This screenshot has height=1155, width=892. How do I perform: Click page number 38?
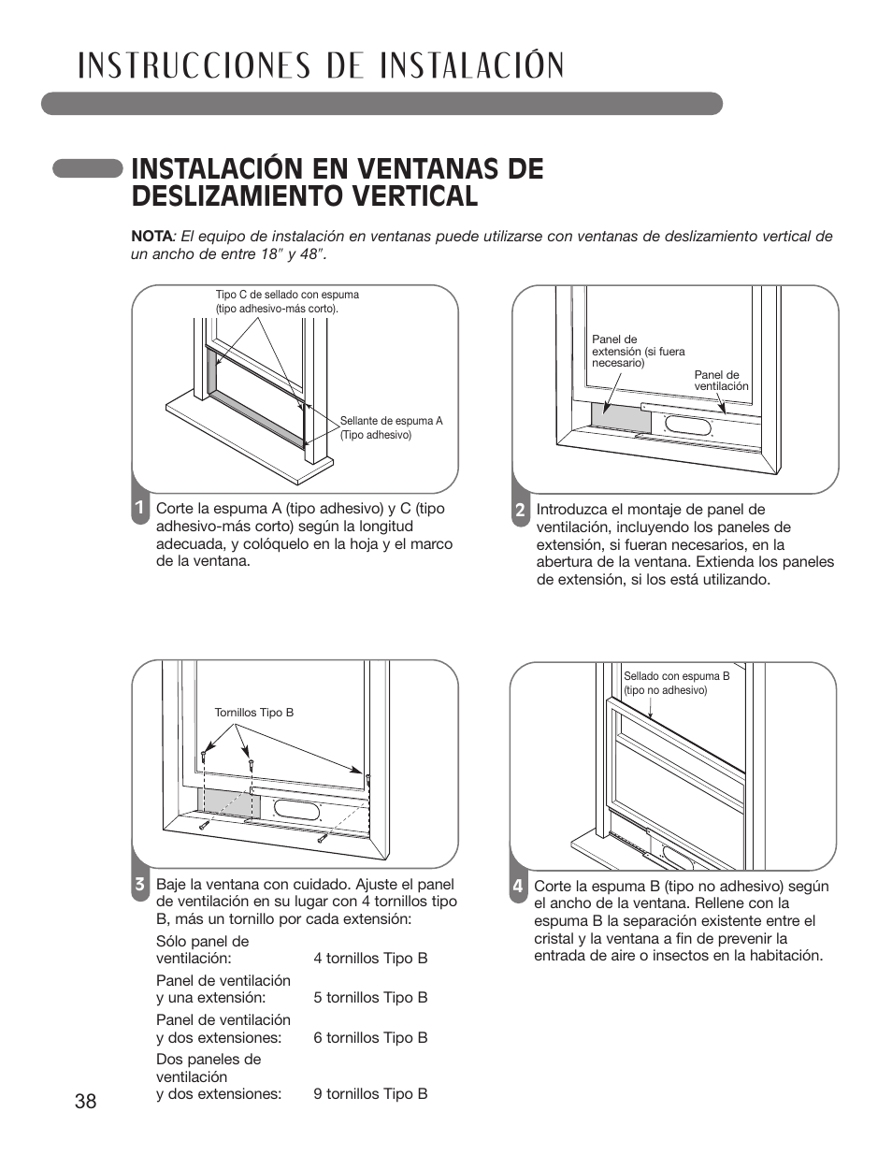click(x=85, y=1102)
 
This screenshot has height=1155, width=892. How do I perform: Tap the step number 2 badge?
click(x=519, y=511)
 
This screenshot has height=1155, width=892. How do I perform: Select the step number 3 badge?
click(x=138, y=885)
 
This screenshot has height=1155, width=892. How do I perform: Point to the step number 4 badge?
click(x=517, y=886)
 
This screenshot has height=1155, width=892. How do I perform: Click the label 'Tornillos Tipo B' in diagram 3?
click(x=253, y=713)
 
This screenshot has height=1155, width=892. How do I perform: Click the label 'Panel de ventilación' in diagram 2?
click(x=721, y=380)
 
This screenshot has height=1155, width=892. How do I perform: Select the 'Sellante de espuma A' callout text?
click(x=391, y=427)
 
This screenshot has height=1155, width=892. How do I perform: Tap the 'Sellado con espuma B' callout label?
click(x=676, y=683)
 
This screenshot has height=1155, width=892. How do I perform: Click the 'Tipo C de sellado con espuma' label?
click(x=286, y=300)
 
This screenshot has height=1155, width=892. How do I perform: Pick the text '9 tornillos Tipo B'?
click(x=370, y=1093)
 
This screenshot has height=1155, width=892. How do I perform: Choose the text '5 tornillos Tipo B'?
click(x=370, y=998)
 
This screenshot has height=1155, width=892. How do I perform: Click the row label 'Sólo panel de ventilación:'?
click(x=203, y=949)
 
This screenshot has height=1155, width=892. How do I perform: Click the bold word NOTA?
click(x=149, y=237)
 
